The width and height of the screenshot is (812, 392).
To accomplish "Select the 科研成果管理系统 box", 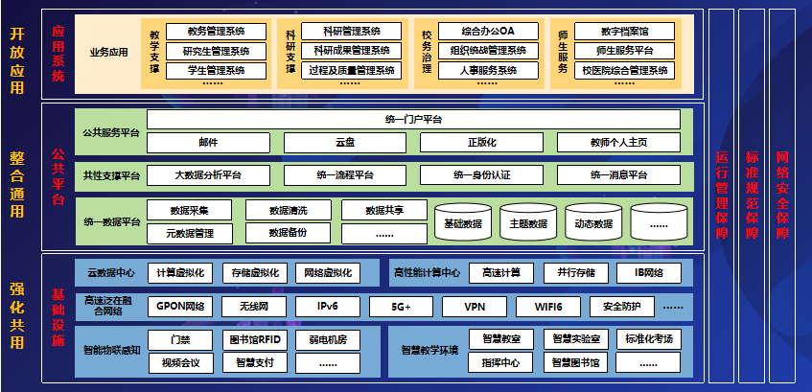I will point(352,51).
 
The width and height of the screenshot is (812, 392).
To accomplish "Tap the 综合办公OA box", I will point(488,32).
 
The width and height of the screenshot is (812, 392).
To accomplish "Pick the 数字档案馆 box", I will point(624,32).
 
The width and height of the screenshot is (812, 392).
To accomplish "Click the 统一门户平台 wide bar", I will point(413,120).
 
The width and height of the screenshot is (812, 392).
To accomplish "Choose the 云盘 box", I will point(345,143).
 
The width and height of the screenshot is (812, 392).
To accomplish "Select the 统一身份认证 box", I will point(481,175).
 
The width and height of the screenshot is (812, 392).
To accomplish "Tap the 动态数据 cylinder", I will point(592,223).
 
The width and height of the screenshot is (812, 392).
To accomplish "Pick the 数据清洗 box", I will point(288,210).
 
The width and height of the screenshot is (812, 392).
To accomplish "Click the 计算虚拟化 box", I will point(181,273).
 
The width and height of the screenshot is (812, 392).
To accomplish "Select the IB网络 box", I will point(648,273).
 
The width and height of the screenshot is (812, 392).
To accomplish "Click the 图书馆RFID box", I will point(254,340).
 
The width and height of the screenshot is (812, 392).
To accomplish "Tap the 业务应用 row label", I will point(107,52).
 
